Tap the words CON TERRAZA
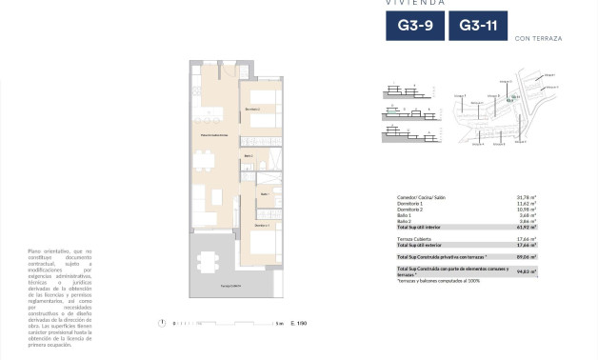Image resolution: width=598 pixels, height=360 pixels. point(537,39)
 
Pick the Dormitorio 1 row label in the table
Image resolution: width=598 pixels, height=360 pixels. point(412,203)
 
